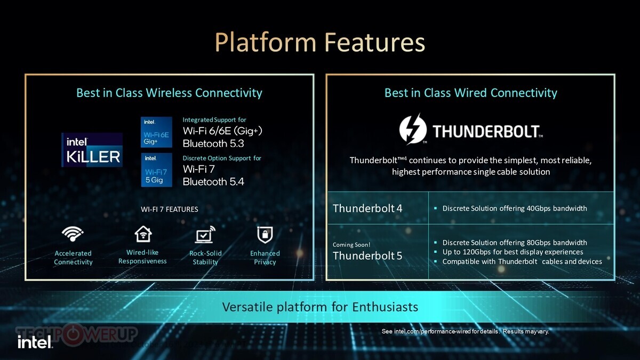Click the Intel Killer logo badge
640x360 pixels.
pos(92,150)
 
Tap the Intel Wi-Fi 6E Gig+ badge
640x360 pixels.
pos(156,132)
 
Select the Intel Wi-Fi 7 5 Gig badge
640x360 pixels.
pos(157,170)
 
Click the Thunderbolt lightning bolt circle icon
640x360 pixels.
pos(413,130)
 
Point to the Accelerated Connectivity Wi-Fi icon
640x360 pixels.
pos(73,234)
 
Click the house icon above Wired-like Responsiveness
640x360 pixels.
pos(143,234)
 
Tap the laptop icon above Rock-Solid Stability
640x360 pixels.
pos(205,234)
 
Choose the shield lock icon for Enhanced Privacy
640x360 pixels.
pos(265,235)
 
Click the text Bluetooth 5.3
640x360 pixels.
pos(213,143)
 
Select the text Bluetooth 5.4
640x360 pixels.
pos(213,182)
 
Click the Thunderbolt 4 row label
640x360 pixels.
pos(367,209)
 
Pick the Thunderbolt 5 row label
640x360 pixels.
pos(367,255)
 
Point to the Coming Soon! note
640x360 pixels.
pos(351,245)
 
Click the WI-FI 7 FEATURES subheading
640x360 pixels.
pos(170,209)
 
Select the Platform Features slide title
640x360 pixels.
pos(320,42)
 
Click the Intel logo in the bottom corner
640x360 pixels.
pos(35,342)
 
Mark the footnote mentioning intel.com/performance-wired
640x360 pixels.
pos(466,331)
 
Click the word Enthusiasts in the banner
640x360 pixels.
pos(385,307)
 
